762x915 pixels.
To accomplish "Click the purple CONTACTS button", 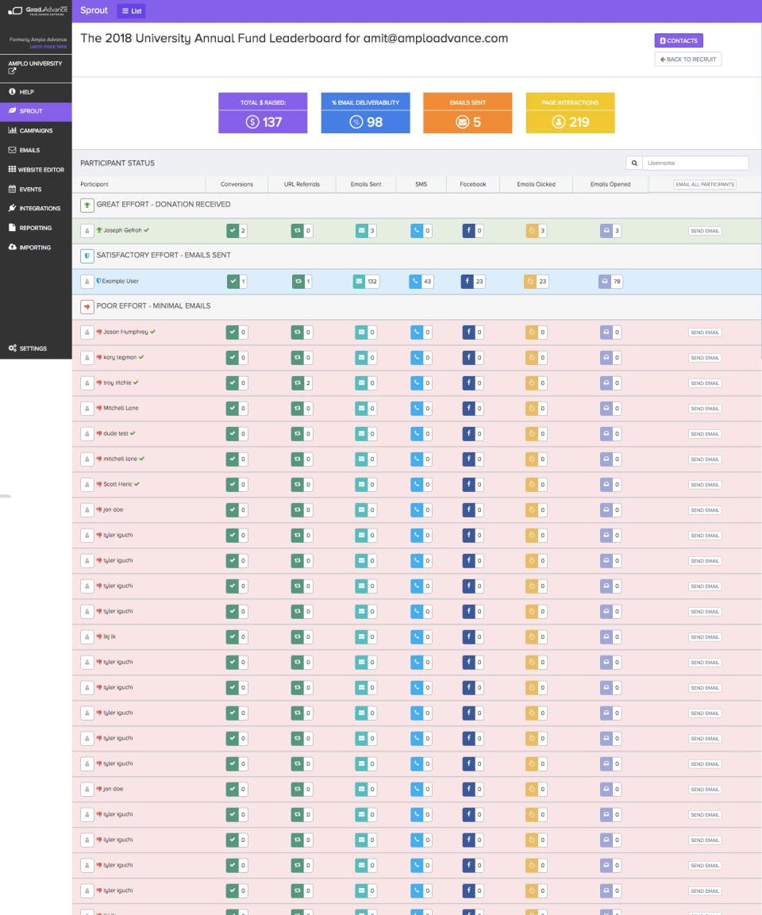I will tap(679, 40).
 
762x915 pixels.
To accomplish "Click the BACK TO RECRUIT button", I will tap(688, 60).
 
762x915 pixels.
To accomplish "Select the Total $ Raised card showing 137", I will tap(263, 113).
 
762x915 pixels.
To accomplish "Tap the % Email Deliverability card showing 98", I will tap(365, 113).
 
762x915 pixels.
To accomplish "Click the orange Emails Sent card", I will tap(468, 113).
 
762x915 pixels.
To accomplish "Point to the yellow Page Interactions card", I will tap(570, 113).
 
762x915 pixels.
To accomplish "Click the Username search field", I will tap(695, 163).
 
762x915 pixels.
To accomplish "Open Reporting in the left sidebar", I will tap(36, 228).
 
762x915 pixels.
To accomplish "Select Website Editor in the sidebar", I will tap(37, 169).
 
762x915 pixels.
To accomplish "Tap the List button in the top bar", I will tap(131, 10).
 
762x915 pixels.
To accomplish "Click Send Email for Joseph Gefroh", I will tap(704, 231).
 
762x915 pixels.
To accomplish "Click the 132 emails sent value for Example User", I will tap(371, 281).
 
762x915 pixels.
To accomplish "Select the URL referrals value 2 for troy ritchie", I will tap(307, 383).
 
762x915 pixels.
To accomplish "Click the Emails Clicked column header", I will tap(536, 184).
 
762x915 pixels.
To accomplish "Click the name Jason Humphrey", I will tap(125, 332).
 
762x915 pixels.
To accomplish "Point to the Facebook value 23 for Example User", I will tap(479, 281).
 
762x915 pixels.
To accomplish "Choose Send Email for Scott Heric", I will tap(704, 485).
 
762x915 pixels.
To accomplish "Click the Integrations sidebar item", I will tap(40, 208).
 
